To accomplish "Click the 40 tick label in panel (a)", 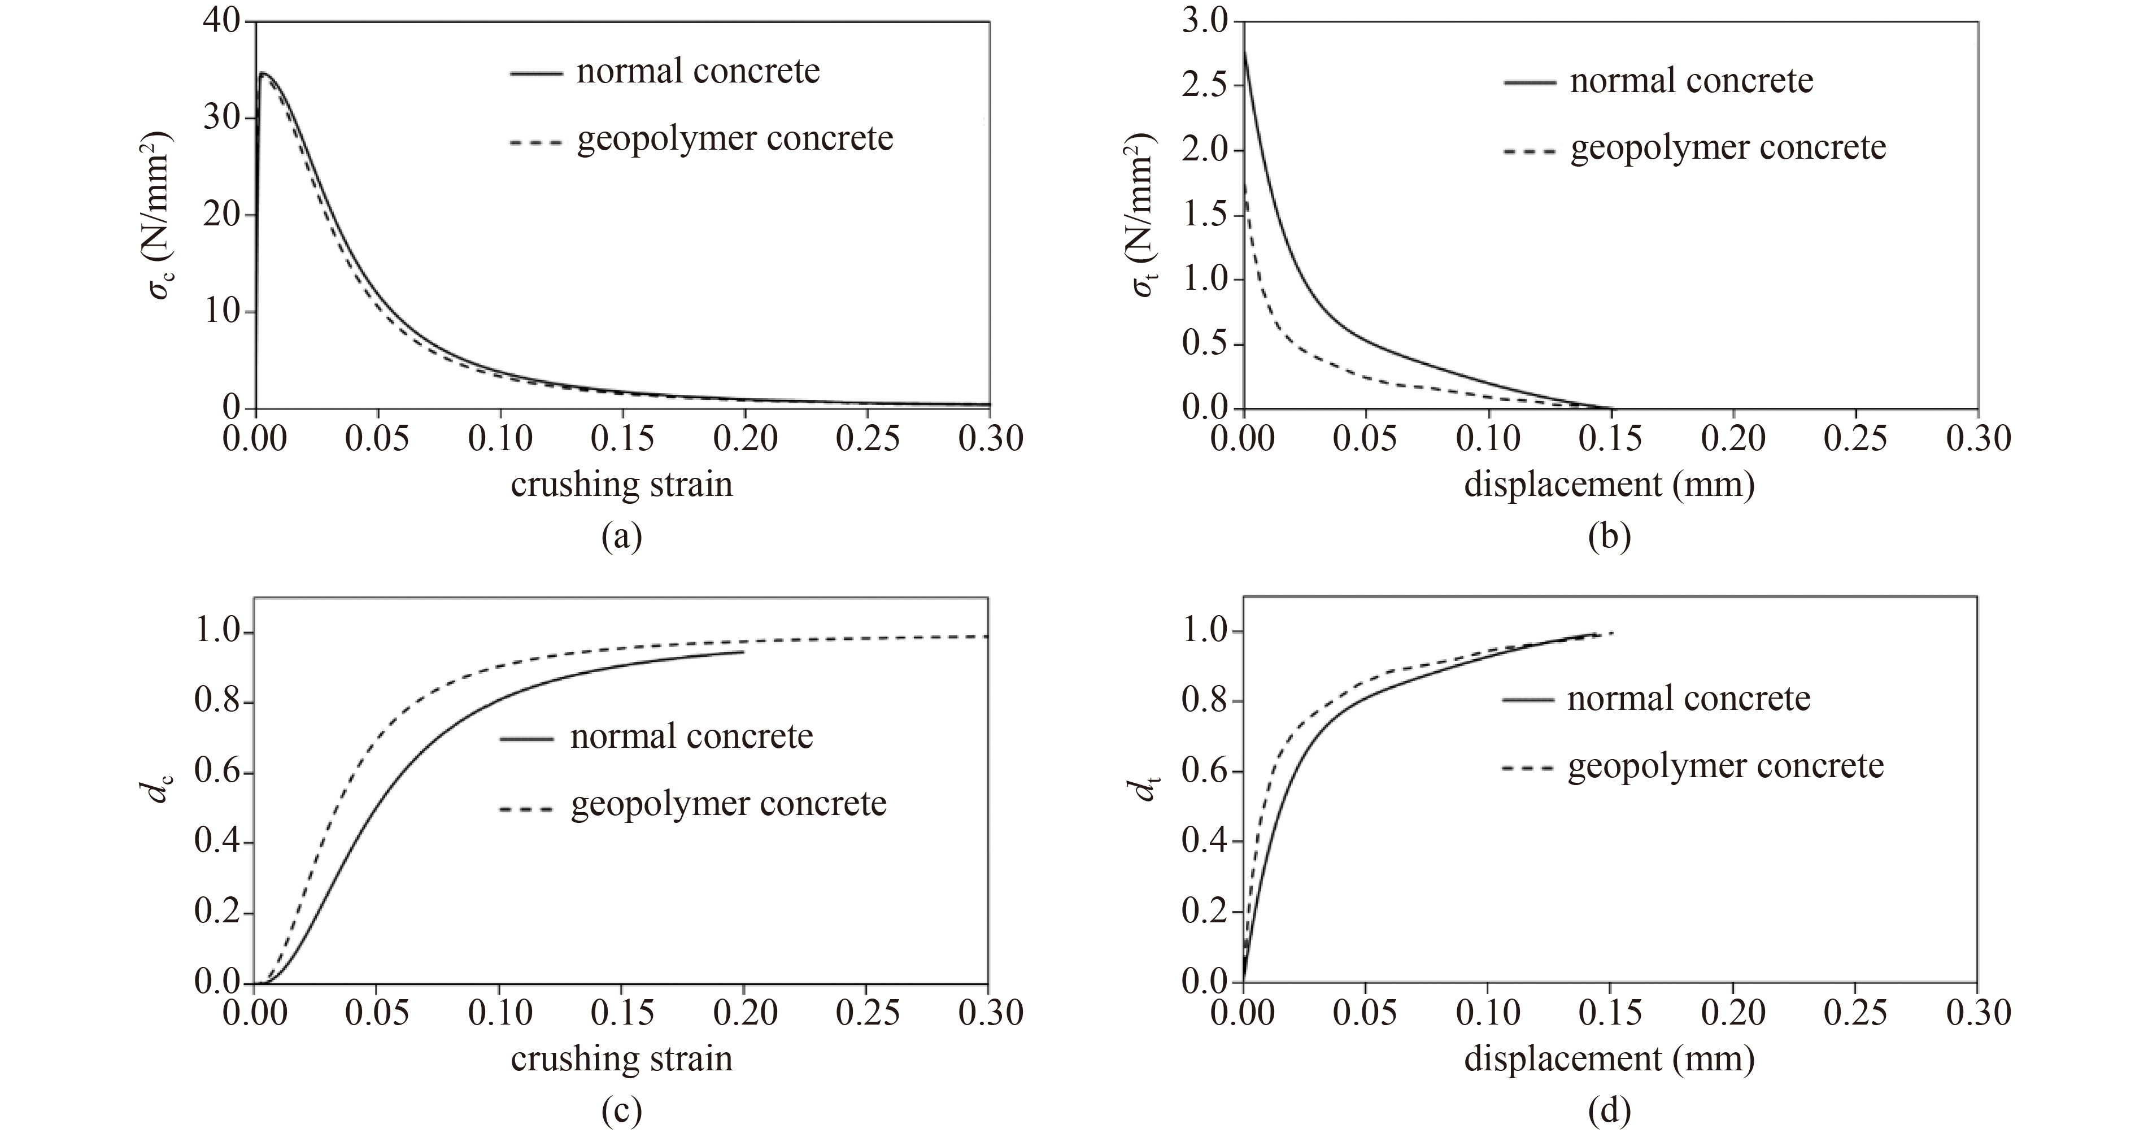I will (221, 21).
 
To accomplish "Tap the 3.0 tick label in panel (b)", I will (1207, 21).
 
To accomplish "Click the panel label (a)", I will (622, 537).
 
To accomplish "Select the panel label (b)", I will (1609, 537).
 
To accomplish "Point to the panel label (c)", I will (622, 1110).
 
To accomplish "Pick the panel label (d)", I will (1609, 1110).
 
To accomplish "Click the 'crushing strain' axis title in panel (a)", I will (622, 485).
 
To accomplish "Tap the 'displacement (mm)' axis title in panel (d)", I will (1609, 1059).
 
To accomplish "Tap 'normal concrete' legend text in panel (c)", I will (691, 736).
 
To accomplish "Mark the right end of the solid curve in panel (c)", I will (743, 652).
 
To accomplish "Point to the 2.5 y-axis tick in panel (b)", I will (1207, 86).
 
